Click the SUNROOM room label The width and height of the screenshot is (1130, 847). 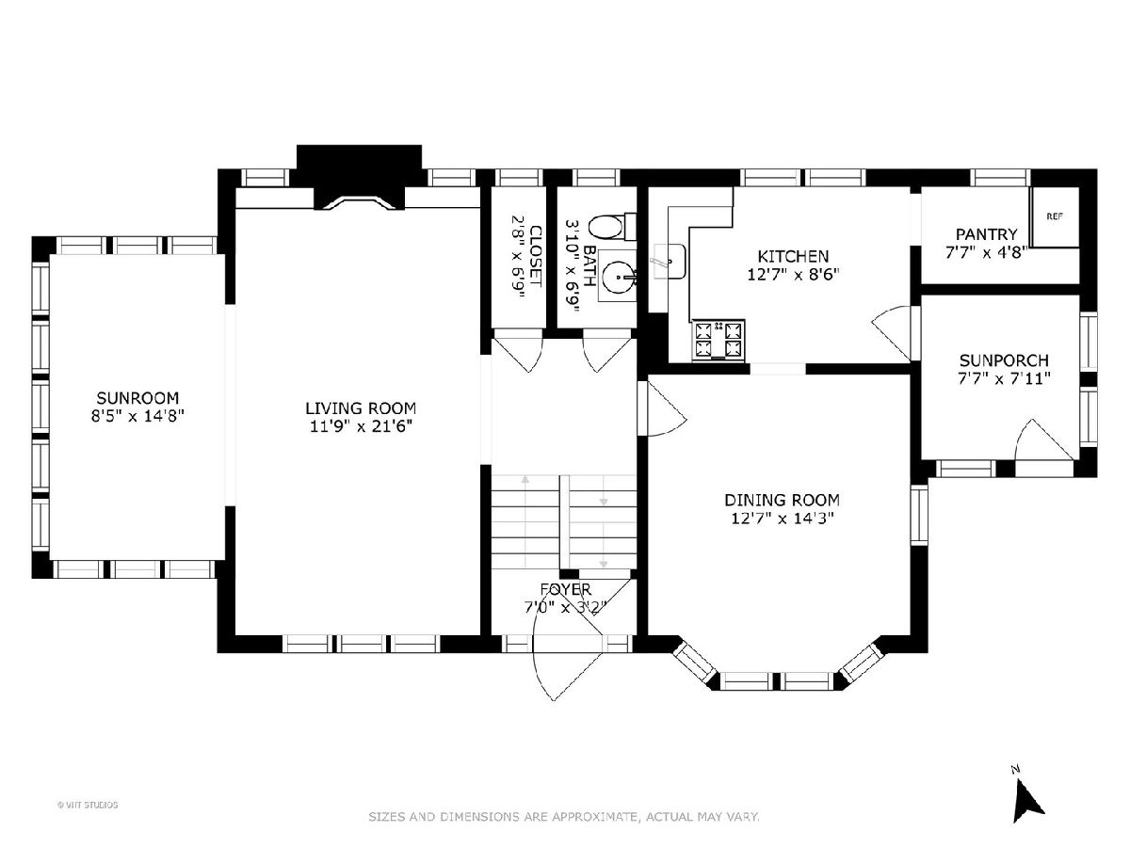(x=137, y=397)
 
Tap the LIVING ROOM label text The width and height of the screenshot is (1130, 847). (x=361, y=408)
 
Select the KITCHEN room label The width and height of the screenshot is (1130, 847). (x=793, y=256)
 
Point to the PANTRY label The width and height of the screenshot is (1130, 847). (x=986, y=234)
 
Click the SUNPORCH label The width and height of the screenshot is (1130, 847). (x=1004, y=360)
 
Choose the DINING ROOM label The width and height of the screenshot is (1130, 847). (x=782, y=500)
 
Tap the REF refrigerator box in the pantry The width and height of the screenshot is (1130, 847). (x=1055, y=216)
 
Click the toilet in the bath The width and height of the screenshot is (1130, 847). (x=611, y=227)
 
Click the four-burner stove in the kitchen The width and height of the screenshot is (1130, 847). (x=718, y=340)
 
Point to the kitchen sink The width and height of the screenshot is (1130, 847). (x=669, y=262)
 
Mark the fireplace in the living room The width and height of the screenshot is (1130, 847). (x=360, y=178)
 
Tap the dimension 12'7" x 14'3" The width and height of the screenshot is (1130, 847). (x=782, y=518)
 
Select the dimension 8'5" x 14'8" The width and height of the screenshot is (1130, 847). (x=137, y=416)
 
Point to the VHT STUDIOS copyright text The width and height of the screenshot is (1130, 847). (x=88, y=805)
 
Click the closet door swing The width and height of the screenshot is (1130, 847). (x=519, y=354)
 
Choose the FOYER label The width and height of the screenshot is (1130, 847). (x=565, y=589)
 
